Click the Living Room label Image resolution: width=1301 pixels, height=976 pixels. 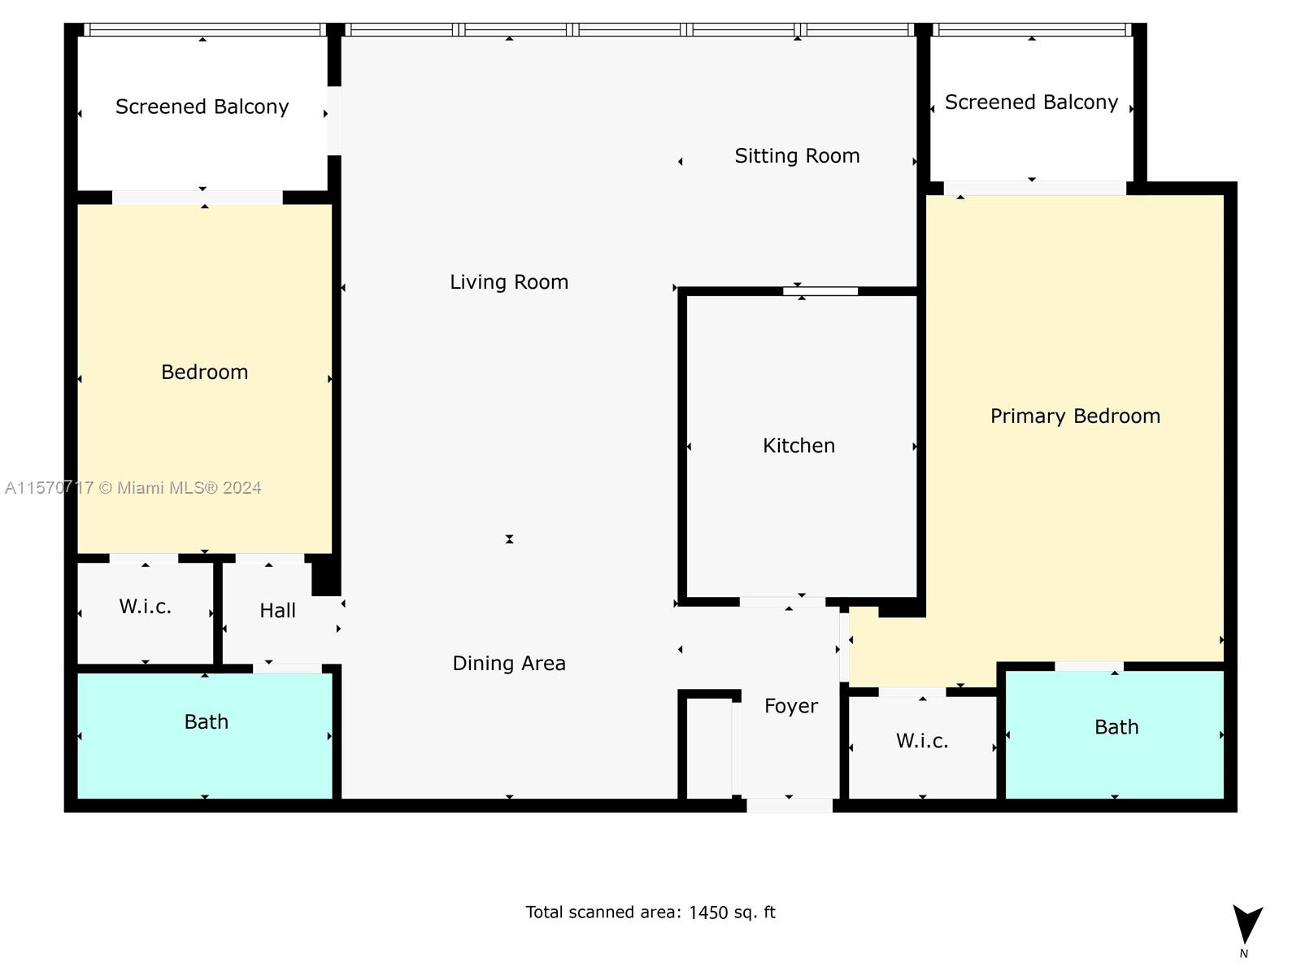pos(509,282)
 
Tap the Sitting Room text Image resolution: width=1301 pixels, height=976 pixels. pos(797,156)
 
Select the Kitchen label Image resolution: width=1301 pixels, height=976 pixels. pos(798,446)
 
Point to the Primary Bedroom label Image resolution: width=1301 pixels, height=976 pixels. pos(1075,416)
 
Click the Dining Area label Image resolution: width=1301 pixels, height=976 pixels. pos(509,664)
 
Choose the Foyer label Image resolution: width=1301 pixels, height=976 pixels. pos(790,706)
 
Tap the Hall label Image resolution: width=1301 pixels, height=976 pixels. pos(277,611)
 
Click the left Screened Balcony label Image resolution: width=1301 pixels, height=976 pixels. pos(202,107)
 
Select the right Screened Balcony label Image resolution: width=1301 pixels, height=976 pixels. pos(1031,102)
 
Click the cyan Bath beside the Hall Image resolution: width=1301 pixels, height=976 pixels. pos(206,722)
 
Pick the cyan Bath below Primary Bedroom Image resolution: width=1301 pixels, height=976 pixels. pos(1116,727)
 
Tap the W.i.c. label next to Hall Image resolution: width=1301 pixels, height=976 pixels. pos(145,607)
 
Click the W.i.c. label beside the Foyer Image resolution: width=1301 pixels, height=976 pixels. pos(922,741)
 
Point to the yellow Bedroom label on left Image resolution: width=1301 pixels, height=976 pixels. pos(204,373)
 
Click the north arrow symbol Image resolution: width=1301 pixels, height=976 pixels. pos(1247,926)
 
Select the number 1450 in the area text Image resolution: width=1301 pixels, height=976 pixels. pos(707,913)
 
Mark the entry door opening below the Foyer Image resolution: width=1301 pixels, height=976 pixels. pos(789,805)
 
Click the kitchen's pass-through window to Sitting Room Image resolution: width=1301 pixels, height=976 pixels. pos(820,291)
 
